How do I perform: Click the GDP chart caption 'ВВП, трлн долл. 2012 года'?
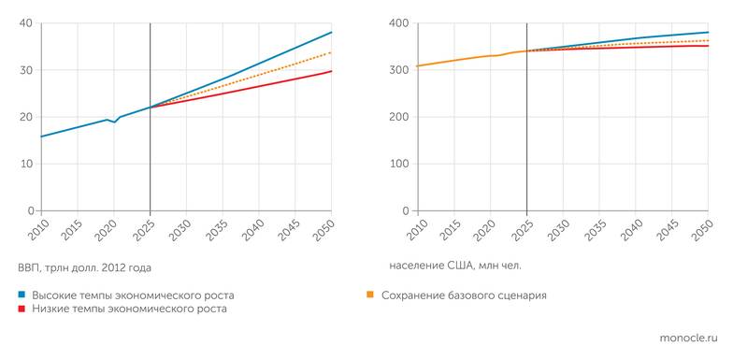(x=84, y=267)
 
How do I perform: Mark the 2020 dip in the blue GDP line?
(x=114, y=122)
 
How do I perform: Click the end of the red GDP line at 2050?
(x=331, y=71)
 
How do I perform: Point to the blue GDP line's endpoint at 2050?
(x=331, y=33)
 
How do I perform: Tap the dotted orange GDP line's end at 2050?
(x=331, y=52)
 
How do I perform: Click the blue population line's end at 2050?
(x=708, y=32)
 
